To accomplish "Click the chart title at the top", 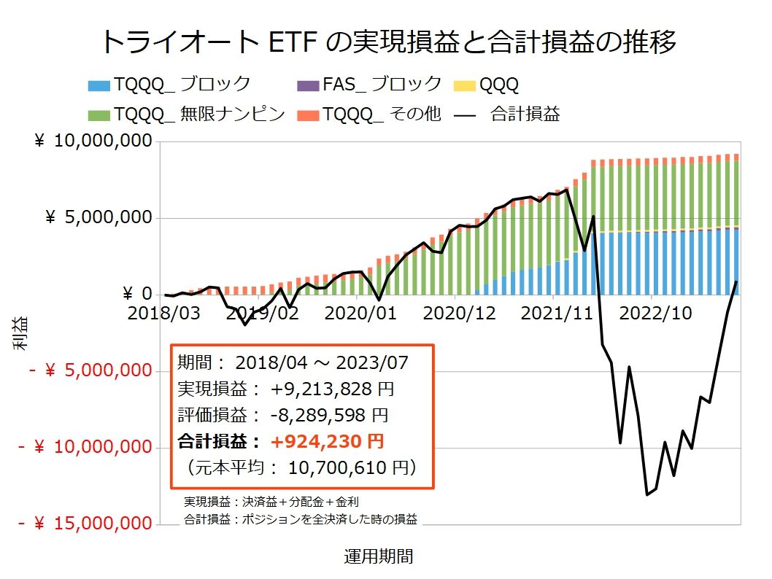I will (387, 42).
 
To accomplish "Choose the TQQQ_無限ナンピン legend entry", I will (186, 114).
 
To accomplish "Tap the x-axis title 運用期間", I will (379, 557).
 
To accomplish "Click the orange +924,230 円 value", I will (327, 441).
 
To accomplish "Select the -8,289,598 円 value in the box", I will (329, 415).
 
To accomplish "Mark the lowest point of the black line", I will (646, 495).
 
